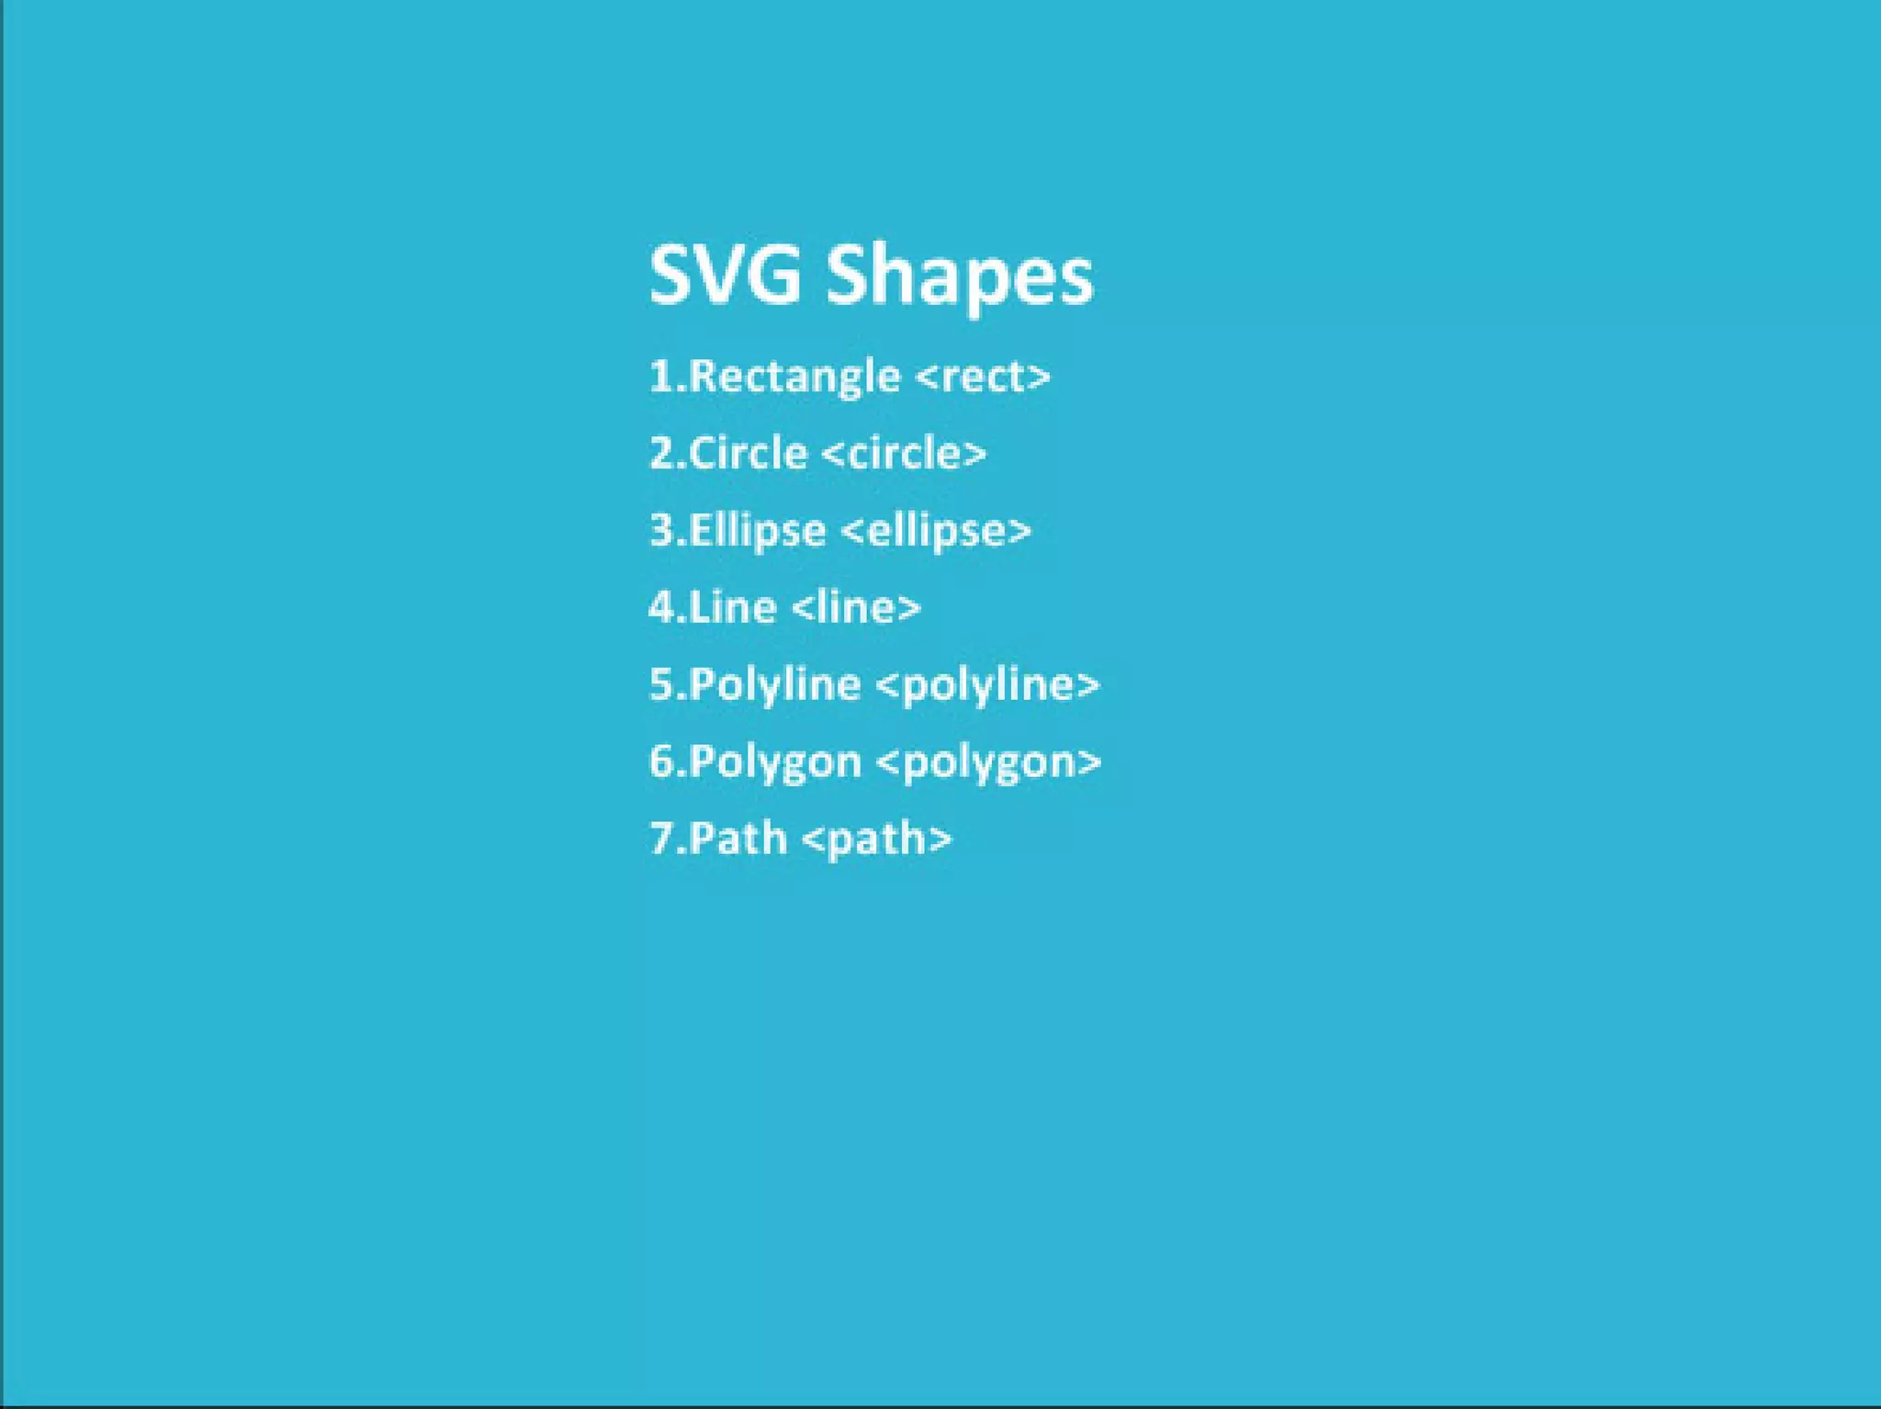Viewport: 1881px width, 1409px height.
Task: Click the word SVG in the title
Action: pos(725,274)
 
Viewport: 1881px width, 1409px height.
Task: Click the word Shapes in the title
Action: pos(960,276)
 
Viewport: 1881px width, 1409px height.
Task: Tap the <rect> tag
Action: pos(984,377)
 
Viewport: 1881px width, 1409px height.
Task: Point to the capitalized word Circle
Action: pos(748,453)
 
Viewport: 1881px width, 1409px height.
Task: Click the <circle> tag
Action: pos(904,453)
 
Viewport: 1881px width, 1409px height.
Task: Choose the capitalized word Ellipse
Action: pos(757,531)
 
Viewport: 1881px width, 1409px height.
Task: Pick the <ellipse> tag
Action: pos(936,531)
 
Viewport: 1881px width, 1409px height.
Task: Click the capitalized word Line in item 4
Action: pos(732,607)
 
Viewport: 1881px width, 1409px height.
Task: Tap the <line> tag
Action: pos(855,607)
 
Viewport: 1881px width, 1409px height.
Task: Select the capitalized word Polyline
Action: pos(774,685)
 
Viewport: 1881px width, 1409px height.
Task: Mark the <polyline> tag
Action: pos(988,685)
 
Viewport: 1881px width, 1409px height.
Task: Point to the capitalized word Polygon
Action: pos(774,762)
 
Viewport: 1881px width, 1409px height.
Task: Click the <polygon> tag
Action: pos(989,762)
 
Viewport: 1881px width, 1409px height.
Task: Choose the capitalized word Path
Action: pos(738,839)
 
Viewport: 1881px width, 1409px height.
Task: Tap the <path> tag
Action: pos(877,839)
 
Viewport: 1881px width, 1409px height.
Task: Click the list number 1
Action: pos(661,377)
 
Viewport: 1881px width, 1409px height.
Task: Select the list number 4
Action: pos(661,607)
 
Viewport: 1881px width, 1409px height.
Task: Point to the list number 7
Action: pos(661,839)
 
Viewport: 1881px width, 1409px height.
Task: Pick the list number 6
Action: pos(661,762)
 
